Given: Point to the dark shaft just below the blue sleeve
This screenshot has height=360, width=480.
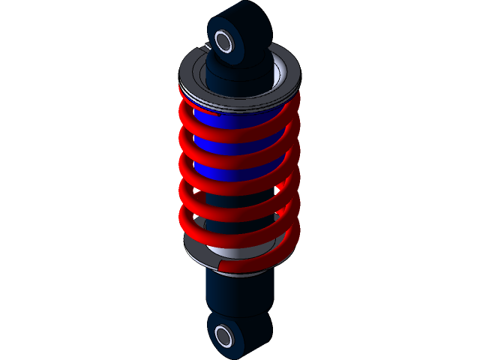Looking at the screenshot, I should click(x=240, y=201).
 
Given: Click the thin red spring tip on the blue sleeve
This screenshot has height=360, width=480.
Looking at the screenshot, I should click(x=206, y=114).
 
